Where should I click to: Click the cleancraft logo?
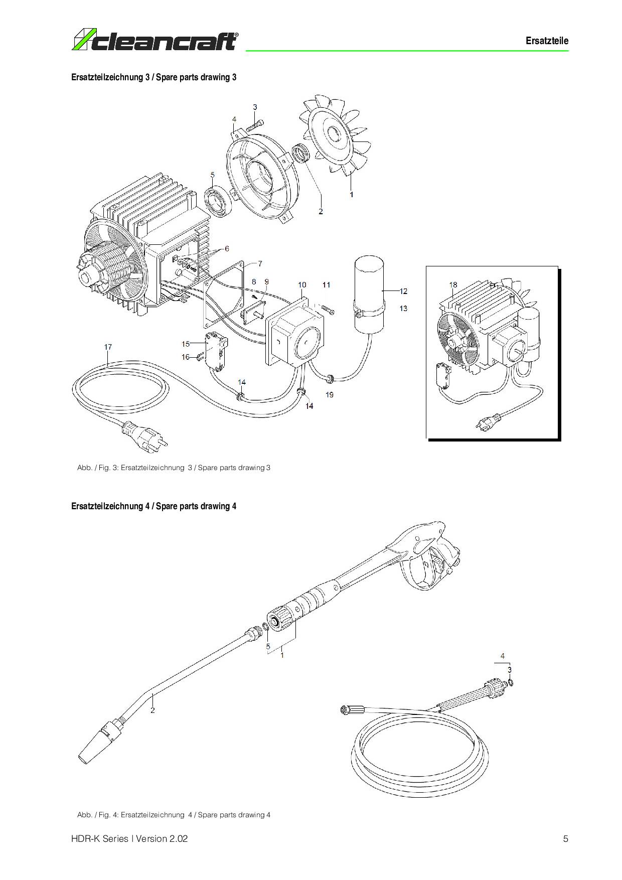[x=155, y=40]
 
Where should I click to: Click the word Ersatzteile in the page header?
[x=547, y=41]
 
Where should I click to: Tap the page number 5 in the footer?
[x=566, y=838]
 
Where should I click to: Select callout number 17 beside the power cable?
[x=108, y=347]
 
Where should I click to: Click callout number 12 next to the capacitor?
[x=403, y=291]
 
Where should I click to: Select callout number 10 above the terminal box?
[x=302, y=285]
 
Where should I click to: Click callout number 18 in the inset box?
[x=453, y=285]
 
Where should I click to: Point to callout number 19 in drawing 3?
[x=329, y=395]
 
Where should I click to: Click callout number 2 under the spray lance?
[x=152, y=710]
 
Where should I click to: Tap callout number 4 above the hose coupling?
[x=503, y=656]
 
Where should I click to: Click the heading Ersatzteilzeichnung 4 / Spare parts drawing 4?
[x=154, y=506]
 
